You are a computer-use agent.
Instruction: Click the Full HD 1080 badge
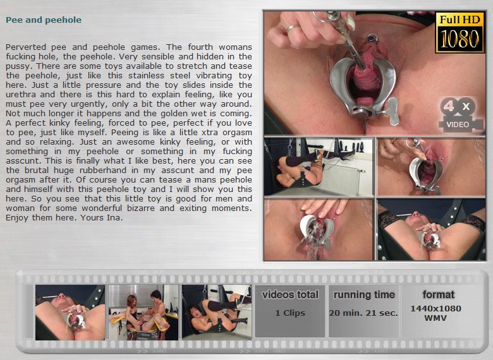point(460,32)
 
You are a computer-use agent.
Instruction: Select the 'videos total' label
point(290,295)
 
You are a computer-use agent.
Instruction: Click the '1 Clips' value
point(290,313)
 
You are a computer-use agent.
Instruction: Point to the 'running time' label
point(364,295)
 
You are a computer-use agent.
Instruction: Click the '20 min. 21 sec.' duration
point(363,313)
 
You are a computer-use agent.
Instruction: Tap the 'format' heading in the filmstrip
point(439,295)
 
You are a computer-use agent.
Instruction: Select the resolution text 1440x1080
point(435,308)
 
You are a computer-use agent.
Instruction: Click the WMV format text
point(435,318)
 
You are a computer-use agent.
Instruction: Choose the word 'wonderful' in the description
point(102,208)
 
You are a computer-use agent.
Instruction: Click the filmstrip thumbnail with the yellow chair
point(143,312)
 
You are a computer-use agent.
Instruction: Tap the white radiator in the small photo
point(341,180)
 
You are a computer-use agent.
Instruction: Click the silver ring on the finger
point(292,28)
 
